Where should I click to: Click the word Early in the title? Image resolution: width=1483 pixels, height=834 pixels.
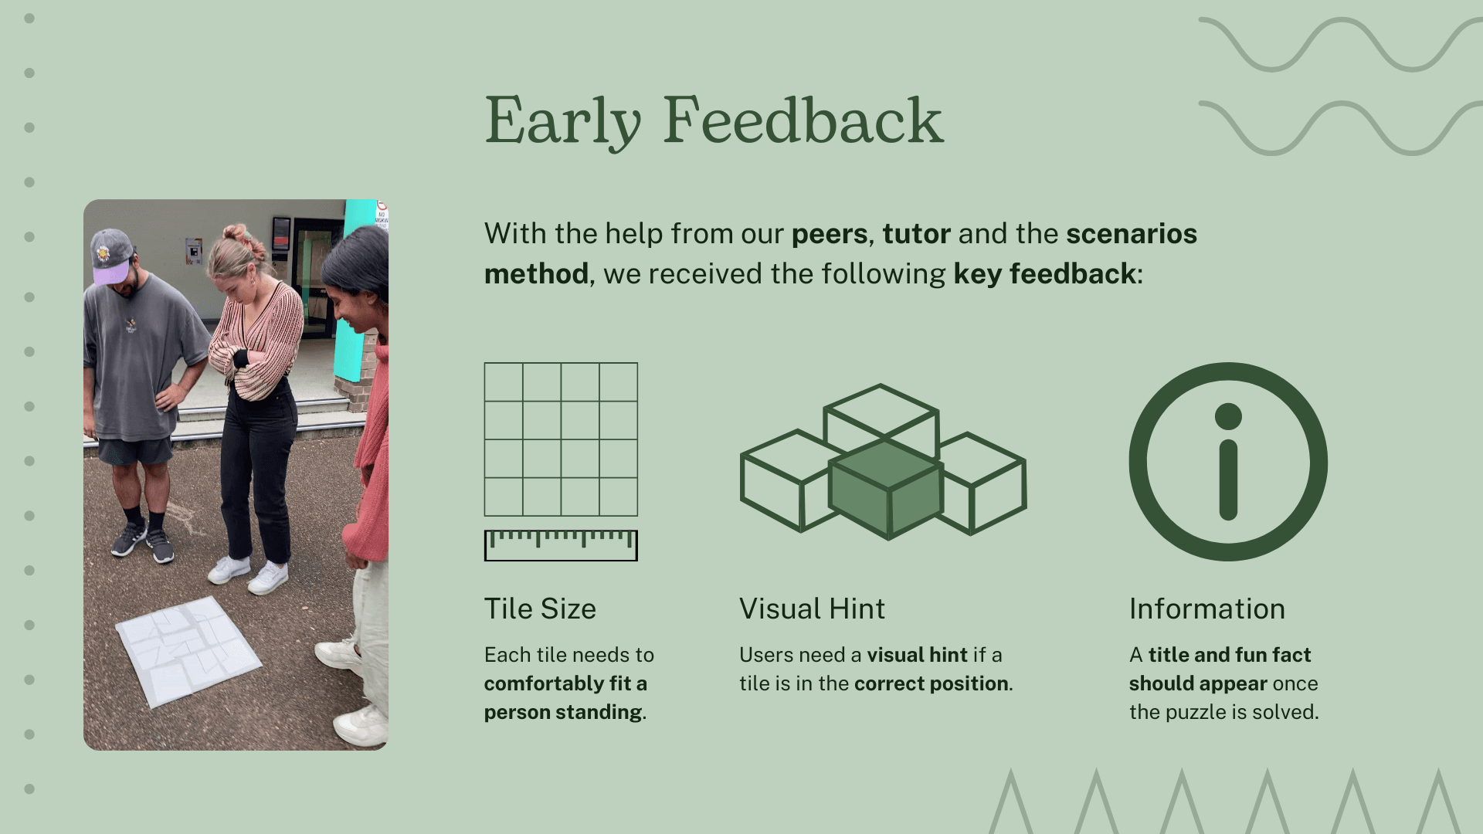coord(563,121)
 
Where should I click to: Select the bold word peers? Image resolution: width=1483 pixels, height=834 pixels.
coord(830,235)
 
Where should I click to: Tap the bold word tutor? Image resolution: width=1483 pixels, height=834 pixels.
coord(916,233)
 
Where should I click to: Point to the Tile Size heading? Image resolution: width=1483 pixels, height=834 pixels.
coord(540,609)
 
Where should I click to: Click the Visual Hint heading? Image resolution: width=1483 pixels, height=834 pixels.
coord(812,609)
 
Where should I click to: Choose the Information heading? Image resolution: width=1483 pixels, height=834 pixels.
coord(1207,609)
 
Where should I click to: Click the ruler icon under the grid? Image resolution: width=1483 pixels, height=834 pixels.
coord(561,545)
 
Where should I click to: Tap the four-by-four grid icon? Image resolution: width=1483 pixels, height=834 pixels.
coord(561,439)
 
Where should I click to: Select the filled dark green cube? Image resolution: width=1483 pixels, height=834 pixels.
coord(886,489)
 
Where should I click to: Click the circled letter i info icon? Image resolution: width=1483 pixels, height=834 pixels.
coord(1228,462)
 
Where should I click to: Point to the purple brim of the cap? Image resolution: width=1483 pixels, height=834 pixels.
coord(110,272)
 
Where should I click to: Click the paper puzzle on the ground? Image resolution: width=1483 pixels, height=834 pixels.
coord(188,651)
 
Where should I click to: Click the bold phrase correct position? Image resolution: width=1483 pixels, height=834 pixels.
coord(931,684)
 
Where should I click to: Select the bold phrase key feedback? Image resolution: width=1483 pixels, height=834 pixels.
coord(1044,274)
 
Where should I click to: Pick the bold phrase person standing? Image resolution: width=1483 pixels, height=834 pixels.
coord(563,713)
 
